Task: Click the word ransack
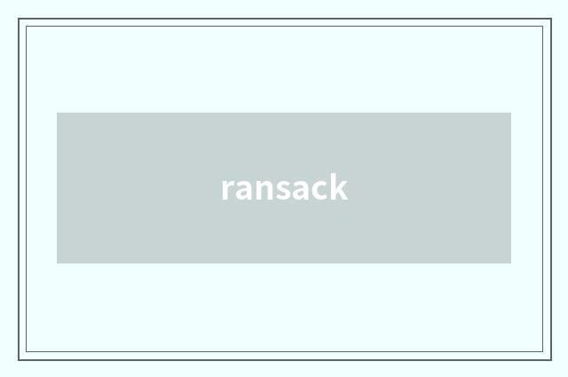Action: click(285, 187)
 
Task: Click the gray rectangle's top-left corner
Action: click(57, 113)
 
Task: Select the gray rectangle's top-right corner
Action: click(511, 113)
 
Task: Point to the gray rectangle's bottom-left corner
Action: click(57, 263)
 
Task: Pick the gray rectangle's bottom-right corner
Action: click(511, 263)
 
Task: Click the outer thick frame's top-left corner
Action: click(19, 19)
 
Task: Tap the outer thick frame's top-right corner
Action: click(551, 19)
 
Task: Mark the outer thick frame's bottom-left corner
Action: click(19, 360)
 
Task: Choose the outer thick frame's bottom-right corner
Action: click(551, 360)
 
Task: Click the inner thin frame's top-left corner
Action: click(26, 26)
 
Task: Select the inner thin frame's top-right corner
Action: click(543, 26)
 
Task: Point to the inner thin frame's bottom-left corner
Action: click(26, 351)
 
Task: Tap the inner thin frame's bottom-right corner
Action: click(543, 351)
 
